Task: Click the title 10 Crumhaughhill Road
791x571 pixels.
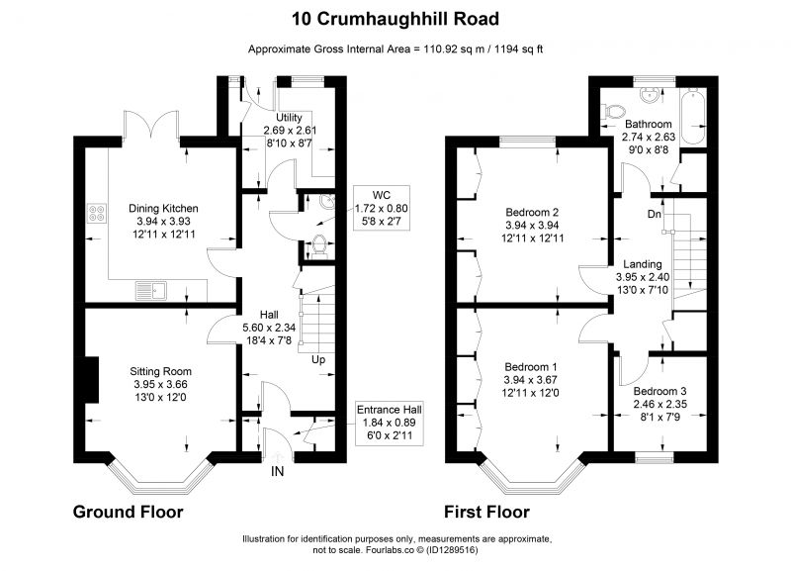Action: point(395,19)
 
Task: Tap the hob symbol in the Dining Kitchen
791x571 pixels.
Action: point(97,213)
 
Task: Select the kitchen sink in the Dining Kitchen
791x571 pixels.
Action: point(151,291)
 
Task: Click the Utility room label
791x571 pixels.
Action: point(289,118)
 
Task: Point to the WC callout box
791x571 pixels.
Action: point(382,208)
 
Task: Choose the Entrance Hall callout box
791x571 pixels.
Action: point(389,423)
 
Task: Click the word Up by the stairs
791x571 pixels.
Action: point(318,360)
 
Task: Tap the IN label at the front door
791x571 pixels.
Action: point(278,471)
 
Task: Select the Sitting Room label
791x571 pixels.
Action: point(160,371)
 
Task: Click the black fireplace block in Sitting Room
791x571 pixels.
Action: point(91,380)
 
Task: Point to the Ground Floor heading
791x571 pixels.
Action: point(129,512)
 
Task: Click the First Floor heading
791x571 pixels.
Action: point(486,512)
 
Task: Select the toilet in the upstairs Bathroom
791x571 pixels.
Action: point(612,112)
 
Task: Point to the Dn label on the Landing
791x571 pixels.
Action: point(655,214)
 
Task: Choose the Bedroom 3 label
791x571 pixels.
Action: point(659,391)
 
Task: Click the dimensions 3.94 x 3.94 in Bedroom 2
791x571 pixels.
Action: point(532,226)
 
